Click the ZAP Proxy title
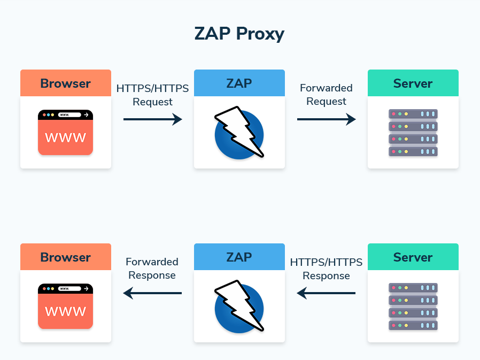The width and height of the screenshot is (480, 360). pyautogui.click(x=239, y=34)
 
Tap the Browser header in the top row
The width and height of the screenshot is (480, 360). pyautogui.click(x=65, y=83)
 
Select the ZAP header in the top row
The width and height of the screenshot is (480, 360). pyautogui.click(x=239, y=83)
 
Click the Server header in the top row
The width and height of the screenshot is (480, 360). pyautogui.click(x=413, y=83)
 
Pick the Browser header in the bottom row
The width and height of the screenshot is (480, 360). pyautogui.click(x=65, y=257)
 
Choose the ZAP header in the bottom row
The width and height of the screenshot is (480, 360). pyautogui.click(x=239, y=257)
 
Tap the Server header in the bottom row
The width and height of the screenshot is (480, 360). pyautogui.click(x=413, y=257)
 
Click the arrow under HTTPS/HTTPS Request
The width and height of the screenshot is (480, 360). pyautogui.click(x=152, y=119)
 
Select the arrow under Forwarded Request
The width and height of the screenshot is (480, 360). pyautogui.click(x=326, y=119)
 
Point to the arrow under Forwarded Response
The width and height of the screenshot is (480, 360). pyautogui.click(x=152, y=293)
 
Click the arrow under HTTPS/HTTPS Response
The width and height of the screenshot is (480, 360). pyautogui.click(x=326, y=293)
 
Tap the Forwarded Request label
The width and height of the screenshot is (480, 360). pyautogui.click(x=326, y=95)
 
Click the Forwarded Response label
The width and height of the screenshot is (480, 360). pyautogui.click(x=152, y=269)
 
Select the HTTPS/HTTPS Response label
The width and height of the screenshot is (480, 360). pyautogui.click(x=326, y=269)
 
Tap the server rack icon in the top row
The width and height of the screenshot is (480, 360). pyautogui.click(x=413, y=133)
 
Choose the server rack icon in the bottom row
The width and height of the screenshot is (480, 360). pyautogui.click(x=413, y=307)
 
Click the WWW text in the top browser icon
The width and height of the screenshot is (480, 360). pyautogui.click(x=65, y=138)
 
